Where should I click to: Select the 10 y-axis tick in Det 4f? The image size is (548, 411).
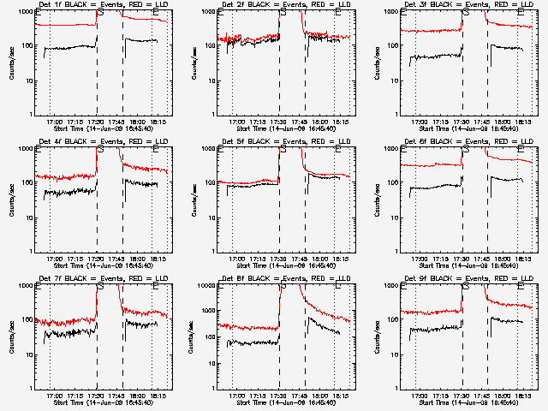coord(27,217)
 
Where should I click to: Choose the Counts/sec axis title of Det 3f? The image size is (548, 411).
coord(376,63)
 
